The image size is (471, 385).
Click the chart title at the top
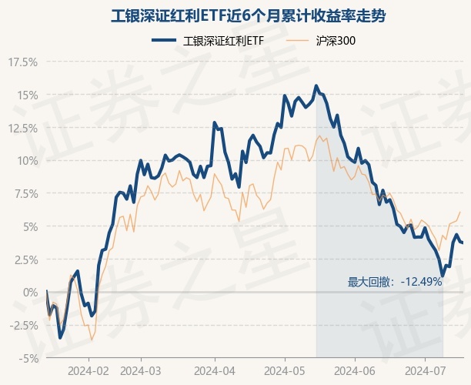[235, 15]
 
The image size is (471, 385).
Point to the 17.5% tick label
[22, 62]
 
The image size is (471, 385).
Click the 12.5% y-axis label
[22, 129]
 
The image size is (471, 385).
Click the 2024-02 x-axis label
[89, 370]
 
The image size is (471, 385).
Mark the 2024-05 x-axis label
[285, 370]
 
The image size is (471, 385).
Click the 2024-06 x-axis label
[354, 370]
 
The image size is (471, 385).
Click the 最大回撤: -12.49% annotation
[395, 282]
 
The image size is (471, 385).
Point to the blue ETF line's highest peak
[316, 85]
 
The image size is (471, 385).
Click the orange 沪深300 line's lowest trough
[92, 340]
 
